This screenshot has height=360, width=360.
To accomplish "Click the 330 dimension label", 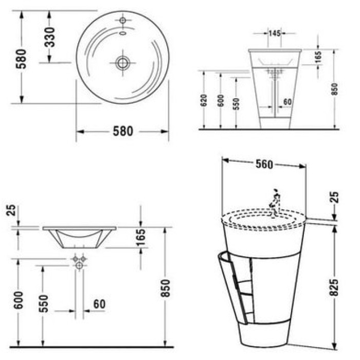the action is point(50,37).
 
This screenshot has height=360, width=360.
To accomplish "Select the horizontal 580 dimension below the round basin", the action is point(123,131).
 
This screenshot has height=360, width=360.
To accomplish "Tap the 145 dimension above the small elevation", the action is point(275,33).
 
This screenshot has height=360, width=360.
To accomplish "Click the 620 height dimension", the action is point(204,100).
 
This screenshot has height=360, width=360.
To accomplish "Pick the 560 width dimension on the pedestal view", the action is point(264,164).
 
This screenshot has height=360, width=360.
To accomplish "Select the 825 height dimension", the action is point(334,287).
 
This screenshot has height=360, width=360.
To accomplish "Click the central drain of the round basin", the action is point(123,63).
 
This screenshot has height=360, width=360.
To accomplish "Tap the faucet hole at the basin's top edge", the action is point(123,20).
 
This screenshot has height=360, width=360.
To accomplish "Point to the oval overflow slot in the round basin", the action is point(123,33).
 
